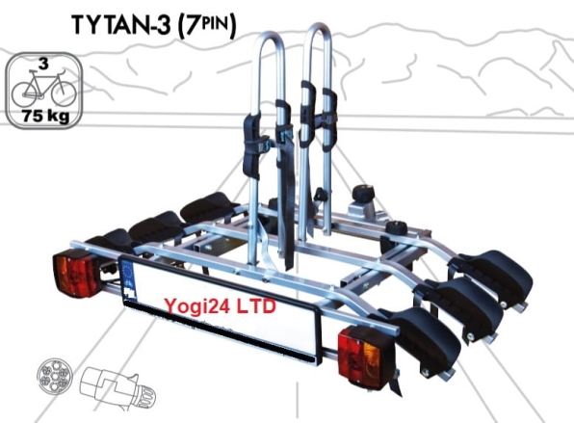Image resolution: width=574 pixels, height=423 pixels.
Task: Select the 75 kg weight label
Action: click(x=42, y=119)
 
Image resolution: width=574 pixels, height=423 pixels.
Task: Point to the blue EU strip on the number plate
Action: click(x=126, y=277)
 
